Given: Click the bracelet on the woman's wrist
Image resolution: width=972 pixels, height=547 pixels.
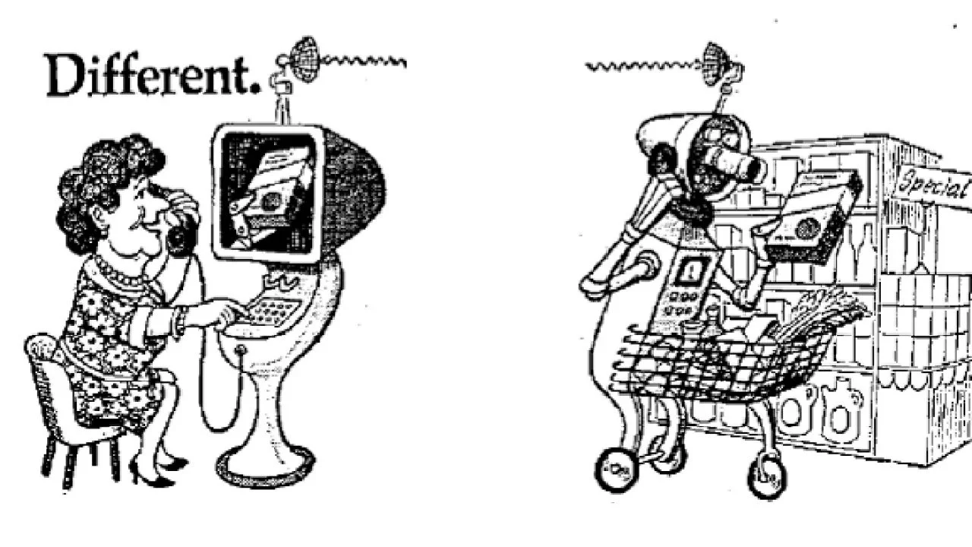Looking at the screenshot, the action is point(178,322).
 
